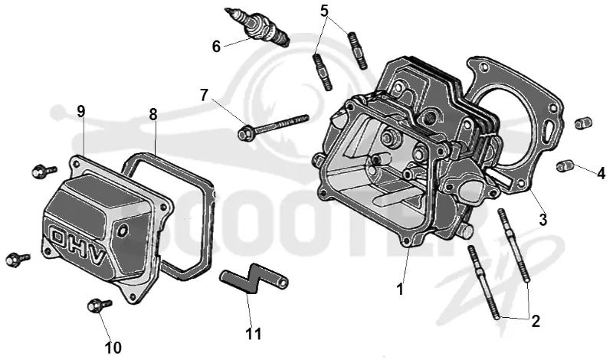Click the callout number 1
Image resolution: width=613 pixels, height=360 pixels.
click(399, 290)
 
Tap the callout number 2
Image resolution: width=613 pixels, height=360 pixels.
click(536, 321)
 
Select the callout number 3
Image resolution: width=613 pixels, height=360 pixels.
click(543, 220)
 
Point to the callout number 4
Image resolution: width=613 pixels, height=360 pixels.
click(601, 173)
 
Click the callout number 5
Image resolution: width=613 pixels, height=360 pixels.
click(324, 11)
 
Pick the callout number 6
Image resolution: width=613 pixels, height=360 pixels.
click(216, 47)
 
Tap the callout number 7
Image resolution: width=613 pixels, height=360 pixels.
click(204, 95)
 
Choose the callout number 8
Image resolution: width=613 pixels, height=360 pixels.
click(152, 114)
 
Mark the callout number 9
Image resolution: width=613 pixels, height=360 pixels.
click(80, 112)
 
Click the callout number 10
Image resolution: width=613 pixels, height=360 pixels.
click(113, 347)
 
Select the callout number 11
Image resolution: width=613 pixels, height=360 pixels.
click(254, 333)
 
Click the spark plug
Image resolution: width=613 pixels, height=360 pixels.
click(257, 27)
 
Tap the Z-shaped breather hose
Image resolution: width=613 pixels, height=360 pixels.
click(254, 277)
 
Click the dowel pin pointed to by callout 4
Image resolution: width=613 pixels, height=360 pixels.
click(564, 165)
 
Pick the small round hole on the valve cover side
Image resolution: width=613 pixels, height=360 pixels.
click(123, 231)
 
